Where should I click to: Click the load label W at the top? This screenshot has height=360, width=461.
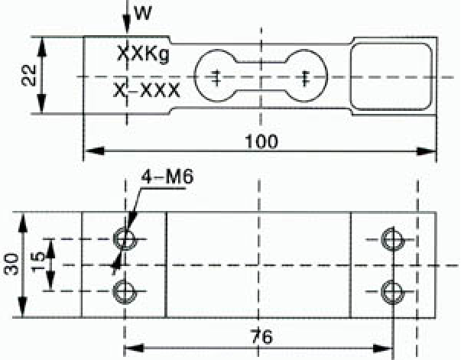tap(143, 13)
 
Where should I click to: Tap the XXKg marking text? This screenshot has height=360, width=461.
tap(144, 54)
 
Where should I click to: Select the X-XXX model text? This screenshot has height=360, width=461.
tap(147, 90)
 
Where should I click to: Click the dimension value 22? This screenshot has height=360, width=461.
tap(29, 75)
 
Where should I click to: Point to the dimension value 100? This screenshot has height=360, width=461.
tap(261, 141)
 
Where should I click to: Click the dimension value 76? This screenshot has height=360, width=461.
tap(261, 336)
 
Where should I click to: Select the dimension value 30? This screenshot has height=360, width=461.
tap(11, 264)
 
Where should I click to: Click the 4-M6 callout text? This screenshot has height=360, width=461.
tap(167, 177)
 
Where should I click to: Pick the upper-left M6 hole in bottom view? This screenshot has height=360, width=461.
tap(125, 239)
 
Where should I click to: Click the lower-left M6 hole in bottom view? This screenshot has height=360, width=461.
tap(125, 292)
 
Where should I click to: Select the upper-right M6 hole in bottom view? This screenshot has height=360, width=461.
tap(393, 240)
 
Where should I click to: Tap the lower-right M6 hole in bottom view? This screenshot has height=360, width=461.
tap(393, 292)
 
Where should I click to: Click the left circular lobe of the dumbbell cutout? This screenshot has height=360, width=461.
tap(195, 76)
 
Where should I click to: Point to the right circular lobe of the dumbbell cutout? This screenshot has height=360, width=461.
tap(326, 76)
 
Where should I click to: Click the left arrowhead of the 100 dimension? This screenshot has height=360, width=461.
tap(94, 151)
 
